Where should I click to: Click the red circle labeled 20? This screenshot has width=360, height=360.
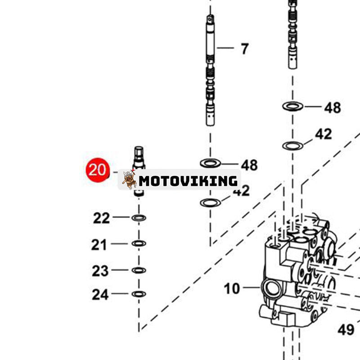pos(98,170)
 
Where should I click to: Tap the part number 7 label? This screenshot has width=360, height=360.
pos(244,49)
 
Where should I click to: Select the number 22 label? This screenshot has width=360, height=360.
pos(101,218)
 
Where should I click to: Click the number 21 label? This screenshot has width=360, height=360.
pos(99,245)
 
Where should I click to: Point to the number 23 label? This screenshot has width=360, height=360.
pos(100,271)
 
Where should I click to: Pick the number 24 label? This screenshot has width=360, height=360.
pos(100,295)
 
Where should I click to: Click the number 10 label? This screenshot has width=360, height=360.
pos(232,288)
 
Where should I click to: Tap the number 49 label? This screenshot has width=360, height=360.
pos(346,330)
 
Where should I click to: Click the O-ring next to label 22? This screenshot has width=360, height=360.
pos(139,218)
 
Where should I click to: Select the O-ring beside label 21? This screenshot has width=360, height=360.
pos(139,243)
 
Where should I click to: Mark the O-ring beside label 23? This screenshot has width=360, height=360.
pos(139,270)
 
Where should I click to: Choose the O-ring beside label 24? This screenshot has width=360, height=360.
pos(139,294)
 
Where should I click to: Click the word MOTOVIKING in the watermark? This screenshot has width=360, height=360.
pos(188,181)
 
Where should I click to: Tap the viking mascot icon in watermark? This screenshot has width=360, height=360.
pos(129,180)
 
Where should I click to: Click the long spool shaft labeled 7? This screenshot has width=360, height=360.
pos(210,72)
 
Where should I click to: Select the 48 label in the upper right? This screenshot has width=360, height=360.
pos(333,108)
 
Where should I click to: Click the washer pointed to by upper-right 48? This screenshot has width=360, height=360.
pos(292,107)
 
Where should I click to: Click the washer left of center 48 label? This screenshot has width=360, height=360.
pos(210,163)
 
